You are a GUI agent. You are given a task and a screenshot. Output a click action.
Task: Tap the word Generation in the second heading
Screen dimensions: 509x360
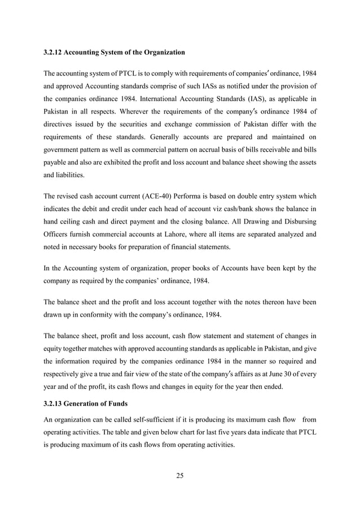coord(87,403)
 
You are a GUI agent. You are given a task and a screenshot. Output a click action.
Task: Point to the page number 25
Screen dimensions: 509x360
coord(180,476)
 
